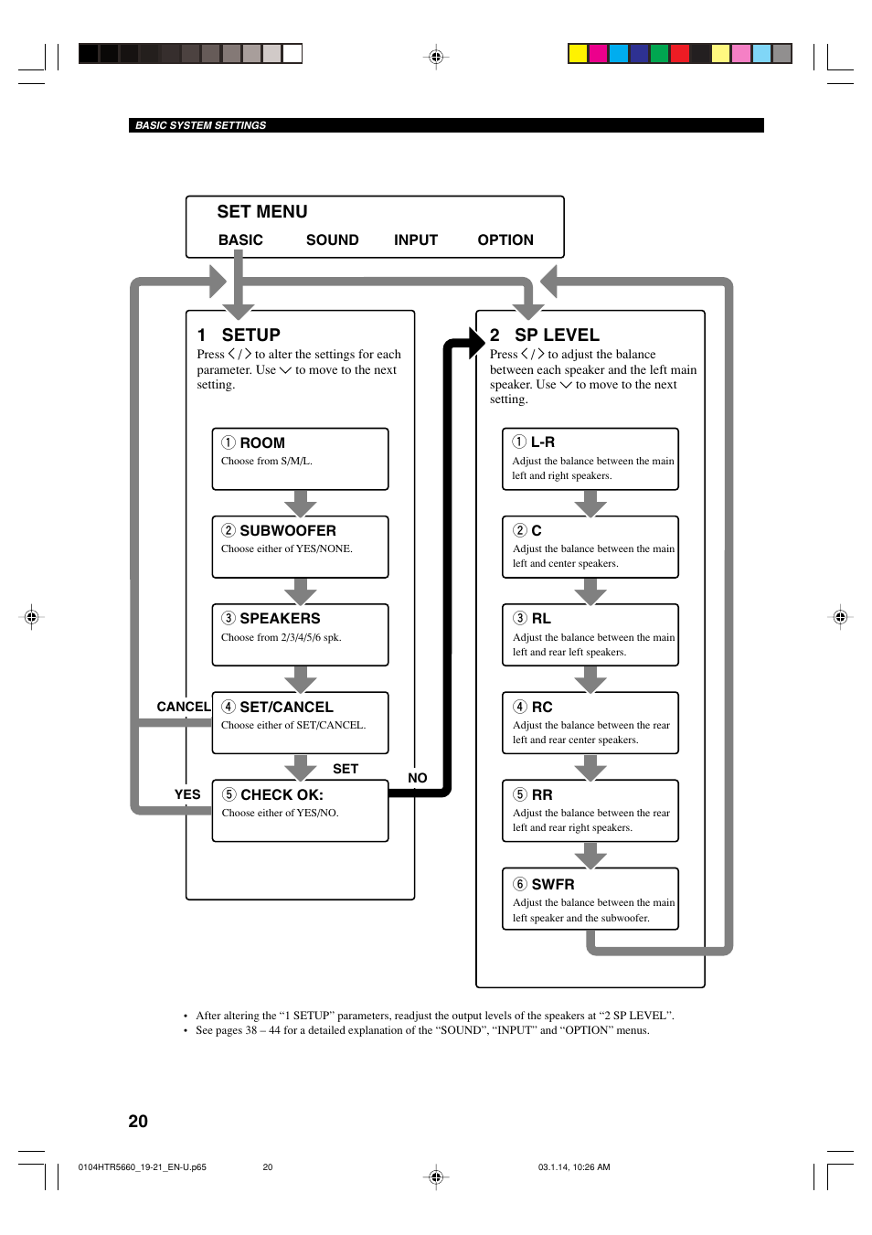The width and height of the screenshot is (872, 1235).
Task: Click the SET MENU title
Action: coord(261,212)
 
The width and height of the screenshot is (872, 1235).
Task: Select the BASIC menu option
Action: coord(240,240)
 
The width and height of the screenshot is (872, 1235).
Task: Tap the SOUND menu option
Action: coord(332,240)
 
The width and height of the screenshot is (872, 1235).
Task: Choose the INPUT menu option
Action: coord(416,240)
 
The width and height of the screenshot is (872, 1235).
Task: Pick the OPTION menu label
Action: coord(505,240)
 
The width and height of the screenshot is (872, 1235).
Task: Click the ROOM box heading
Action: coord(261,442)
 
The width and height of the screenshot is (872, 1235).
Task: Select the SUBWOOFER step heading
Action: coord(287,531)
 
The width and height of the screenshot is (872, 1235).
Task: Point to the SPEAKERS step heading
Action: coord(280,619)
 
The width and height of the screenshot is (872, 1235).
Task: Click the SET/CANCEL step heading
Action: coord(286,708)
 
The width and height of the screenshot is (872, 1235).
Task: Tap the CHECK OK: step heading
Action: coord(282,795)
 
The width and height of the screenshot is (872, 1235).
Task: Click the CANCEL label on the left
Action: coord(183,707)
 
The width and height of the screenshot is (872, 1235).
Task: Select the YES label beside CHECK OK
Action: coord(187,794)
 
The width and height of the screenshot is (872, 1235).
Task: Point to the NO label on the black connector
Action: coord(418,778)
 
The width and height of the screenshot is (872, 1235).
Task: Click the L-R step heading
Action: coord(542,442)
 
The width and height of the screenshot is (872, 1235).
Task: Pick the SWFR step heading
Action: coord(552,885)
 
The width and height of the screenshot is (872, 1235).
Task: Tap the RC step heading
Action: coord(542,708)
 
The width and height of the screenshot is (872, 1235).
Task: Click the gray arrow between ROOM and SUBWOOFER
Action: coord(300,504)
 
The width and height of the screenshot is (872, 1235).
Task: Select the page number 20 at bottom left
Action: coord(138,1122)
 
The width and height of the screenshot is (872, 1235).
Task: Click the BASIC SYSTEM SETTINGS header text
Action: coord(200,126)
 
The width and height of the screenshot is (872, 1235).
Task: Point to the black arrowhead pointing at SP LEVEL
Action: coord(476,342)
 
